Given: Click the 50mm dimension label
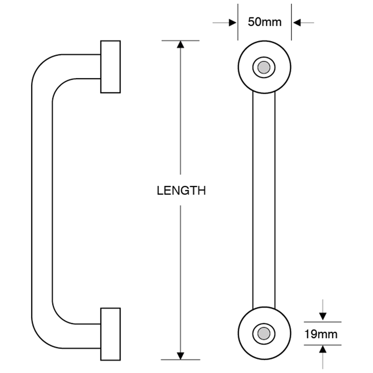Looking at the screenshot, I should [x=264, y=22].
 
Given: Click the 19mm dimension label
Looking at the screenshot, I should [x=321, y=334].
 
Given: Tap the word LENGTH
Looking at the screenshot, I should [x=181, y=191].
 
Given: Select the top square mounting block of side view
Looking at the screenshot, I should [x=110, y=67].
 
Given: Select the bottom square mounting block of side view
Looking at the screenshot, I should [x=110, y=334].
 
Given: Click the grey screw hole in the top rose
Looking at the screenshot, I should [x=264, y=67].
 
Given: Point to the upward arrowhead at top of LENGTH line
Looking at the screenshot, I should [x=181, y=44].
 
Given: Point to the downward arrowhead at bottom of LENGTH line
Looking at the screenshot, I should [x=181, y=355].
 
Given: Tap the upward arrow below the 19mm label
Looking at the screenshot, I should [x=323, y=350].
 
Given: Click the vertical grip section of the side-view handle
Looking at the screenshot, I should [x=42, y=201].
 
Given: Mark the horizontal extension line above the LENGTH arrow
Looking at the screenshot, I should [x=181, y=40].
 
